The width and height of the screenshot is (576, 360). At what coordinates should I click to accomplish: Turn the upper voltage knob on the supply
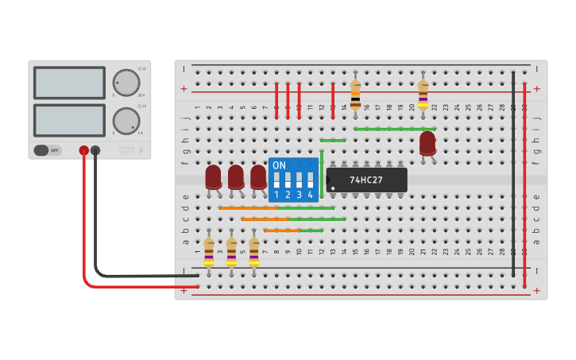click(126, 82)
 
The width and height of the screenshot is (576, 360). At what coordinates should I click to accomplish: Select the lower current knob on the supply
click(126, 121)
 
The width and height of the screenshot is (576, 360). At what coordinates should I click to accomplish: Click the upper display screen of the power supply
click(69, 83)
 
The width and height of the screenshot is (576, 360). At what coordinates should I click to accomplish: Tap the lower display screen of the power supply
click(69, 120)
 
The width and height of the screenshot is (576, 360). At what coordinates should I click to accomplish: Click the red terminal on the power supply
click(83, 150)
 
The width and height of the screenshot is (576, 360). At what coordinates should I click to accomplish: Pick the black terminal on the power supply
click(95, 150)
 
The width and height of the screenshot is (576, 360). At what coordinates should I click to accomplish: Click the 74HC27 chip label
click(366, 180)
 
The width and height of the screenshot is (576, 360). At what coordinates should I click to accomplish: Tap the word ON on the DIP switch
click(279, 165)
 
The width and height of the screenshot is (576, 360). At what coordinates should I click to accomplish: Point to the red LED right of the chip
click(427, 143)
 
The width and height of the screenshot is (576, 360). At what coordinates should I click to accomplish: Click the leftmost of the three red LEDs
click(213, 176)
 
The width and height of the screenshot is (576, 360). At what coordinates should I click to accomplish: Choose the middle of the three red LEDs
click(236, 176)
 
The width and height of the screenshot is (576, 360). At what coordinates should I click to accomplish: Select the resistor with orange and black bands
click(355, 95)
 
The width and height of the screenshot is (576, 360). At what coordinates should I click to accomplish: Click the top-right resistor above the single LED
click(423, 95)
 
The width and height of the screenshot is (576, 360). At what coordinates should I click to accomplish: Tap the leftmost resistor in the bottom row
click(208, 252)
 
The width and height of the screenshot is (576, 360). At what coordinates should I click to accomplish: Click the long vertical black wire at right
click(513, 175)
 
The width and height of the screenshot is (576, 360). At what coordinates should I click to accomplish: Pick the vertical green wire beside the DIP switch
click(322, 173)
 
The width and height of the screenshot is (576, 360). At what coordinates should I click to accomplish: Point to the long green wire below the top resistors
click(395, 129)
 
